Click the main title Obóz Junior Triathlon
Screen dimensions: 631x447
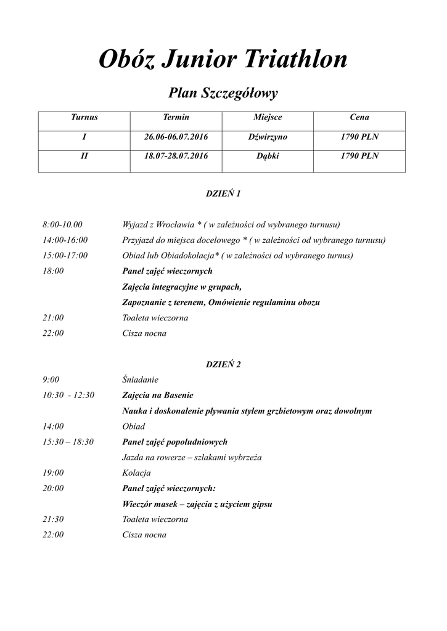[223, 60]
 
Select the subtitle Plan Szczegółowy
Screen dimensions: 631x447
[223, 94]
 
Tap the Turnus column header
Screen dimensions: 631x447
[84, 117]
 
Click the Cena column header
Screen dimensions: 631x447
[359, 117]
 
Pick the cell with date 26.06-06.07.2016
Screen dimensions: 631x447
[176, 137]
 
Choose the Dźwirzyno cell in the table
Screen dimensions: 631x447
[268, 137]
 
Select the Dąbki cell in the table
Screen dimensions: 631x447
[268, 157]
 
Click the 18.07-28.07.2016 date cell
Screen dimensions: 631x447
[176, 157]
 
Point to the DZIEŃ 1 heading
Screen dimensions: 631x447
[223, 193]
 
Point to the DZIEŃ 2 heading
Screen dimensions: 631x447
[223, 364]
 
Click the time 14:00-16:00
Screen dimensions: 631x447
[65, 240]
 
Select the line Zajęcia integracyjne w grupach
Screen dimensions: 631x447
[182, 287]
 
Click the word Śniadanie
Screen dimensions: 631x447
[141, 380]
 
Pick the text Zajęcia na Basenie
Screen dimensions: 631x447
[158, 395]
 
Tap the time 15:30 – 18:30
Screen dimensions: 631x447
[68, 442]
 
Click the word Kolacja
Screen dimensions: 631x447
[137, 473]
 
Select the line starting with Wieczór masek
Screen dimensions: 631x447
[197, 504]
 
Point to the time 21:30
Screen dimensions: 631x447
[53, 519]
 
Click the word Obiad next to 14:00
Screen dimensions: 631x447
[134, 426]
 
